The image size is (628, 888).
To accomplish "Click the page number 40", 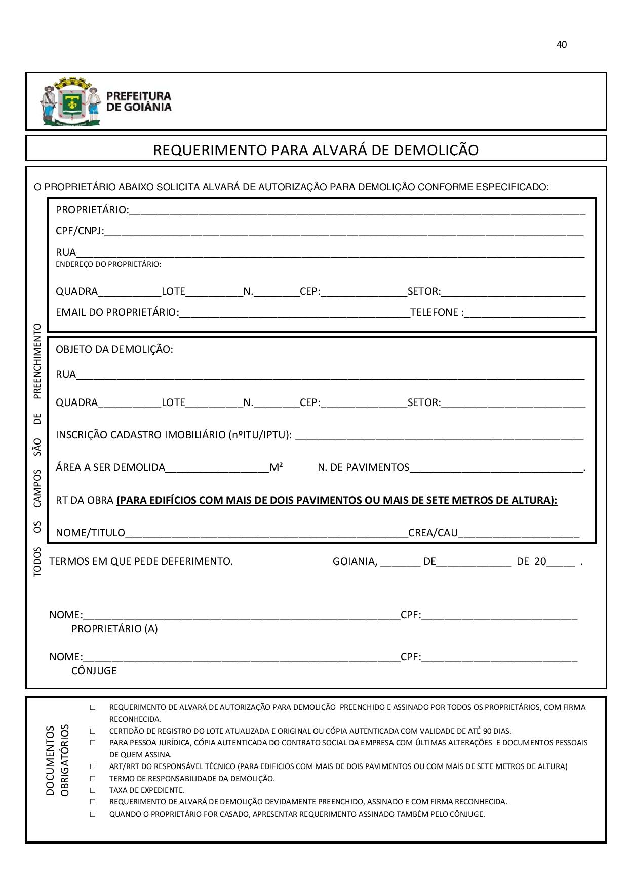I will point(561,45).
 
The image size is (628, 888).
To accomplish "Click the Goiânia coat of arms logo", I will point(71,101).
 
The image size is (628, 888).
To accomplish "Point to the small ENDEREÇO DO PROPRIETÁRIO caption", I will point(108,264).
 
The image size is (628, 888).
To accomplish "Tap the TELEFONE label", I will point(436,313).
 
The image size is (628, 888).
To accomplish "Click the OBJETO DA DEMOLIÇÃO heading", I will point(114,349).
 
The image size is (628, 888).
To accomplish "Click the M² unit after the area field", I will point(276,467).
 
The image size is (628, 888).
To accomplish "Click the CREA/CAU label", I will point(433,533).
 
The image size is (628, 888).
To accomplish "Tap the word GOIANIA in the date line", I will point(355,561).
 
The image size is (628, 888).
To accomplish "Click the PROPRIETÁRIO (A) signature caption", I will point(114,629).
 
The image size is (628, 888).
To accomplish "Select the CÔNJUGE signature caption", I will point(94,671).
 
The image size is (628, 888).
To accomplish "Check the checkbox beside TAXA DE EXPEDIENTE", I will point(93,790).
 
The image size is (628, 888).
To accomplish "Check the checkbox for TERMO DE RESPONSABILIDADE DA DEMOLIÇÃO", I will point(93,779).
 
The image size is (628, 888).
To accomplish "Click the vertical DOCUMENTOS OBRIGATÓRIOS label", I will point(57,760).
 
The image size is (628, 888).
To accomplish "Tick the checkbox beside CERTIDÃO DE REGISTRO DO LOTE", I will point(93,731).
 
